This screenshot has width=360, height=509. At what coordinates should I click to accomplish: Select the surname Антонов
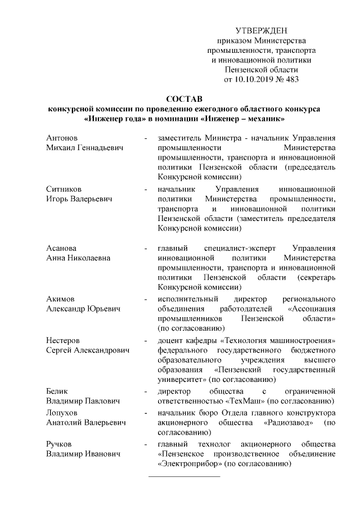62,138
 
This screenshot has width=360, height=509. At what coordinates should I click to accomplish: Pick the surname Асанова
62,247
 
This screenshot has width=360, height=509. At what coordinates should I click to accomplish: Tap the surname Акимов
61,299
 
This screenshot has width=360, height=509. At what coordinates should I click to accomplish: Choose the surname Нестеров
63,341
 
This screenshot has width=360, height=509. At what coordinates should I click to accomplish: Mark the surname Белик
58,391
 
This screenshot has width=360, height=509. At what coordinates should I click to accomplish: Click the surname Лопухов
62,412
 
